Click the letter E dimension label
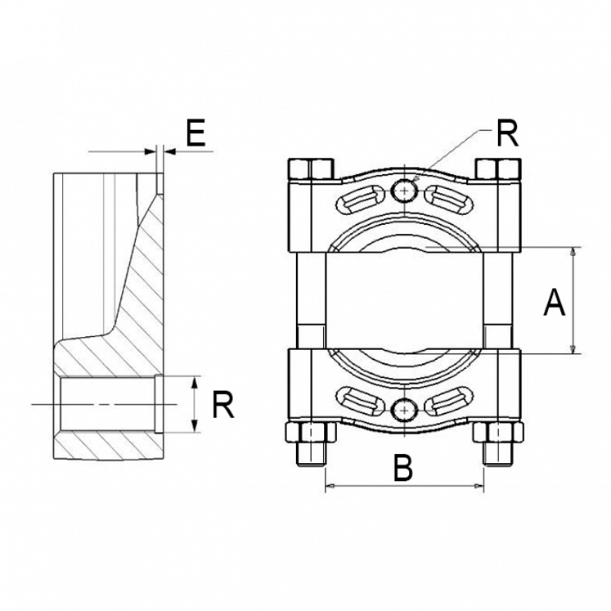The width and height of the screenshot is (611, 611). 195,134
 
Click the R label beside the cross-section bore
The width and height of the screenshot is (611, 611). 223,404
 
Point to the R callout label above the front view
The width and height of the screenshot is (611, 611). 507,134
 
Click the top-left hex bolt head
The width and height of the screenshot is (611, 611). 311,168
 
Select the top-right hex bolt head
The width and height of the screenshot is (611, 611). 498,168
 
